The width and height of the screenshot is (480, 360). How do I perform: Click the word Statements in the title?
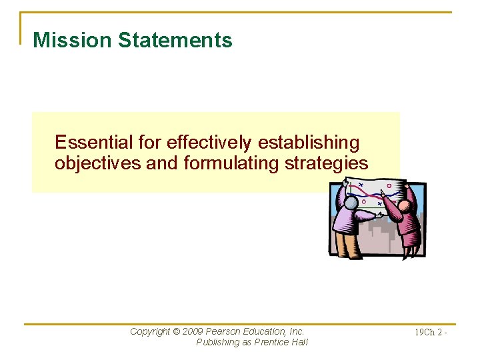[175, 40]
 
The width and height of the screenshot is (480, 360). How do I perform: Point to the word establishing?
[308, 143]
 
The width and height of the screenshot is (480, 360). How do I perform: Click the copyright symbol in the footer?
[176, 331]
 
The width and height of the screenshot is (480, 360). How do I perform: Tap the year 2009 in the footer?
[193, 331]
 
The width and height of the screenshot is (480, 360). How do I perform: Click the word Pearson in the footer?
[224, 331]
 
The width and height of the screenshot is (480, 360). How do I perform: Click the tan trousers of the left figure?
[347, 243]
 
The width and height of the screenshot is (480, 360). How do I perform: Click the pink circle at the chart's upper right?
[389, 186]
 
